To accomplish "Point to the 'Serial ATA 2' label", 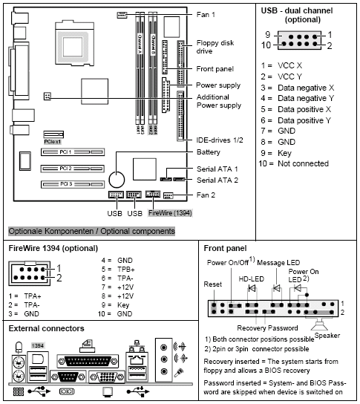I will coord(218,180).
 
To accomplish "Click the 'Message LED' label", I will coord(281,261).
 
